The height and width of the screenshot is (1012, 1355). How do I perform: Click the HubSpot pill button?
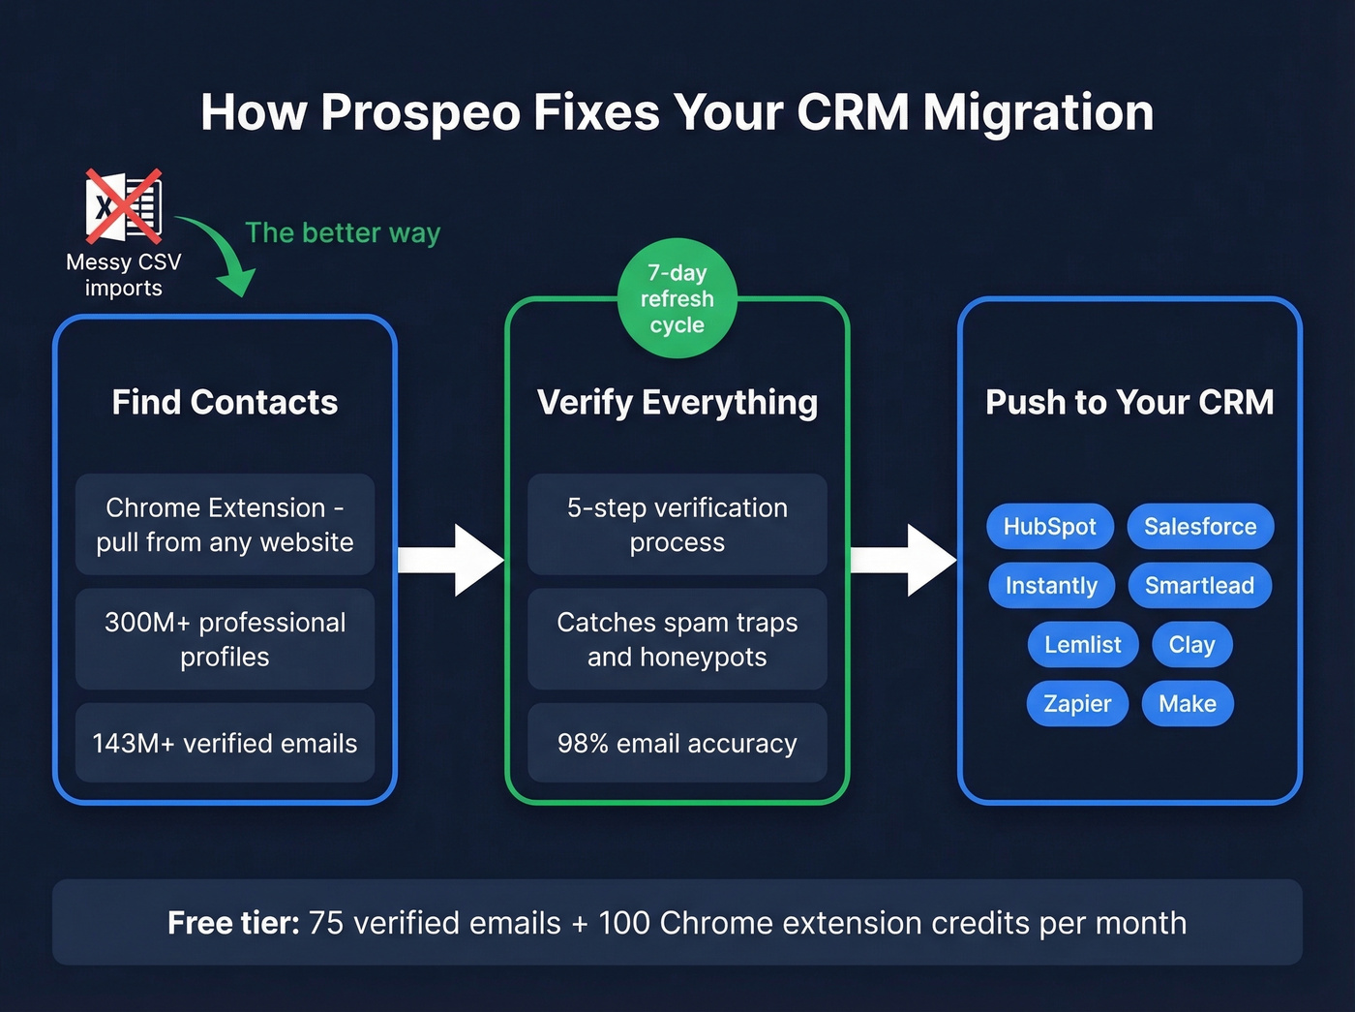[1049, 526]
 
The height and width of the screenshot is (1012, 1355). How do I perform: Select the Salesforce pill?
[1200, 526]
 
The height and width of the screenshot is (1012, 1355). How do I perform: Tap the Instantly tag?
[1051, 585]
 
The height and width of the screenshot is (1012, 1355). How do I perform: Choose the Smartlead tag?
[1199, 585]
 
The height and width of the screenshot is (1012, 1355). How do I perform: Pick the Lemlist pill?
[1082, 644]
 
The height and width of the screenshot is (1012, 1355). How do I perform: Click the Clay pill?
[1191, 644]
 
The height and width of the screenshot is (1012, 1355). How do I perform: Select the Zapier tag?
[1077, 703]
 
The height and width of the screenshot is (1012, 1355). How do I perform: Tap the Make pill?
[1188, 703]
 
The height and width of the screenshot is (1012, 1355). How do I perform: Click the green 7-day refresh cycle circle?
[677, 298]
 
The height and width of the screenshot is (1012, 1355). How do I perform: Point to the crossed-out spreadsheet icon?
[124, 206]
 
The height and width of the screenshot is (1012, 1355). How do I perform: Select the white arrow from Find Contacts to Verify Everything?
[451, 560]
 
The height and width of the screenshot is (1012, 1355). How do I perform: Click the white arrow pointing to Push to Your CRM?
[903, 560]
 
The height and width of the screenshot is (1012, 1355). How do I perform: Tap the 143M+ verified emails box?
[225, 743]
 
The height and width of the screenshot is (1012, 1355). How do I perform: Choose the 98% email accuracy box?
[677, 743]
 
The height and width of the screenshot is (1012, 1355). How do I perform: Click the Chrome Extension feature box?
[225, 524]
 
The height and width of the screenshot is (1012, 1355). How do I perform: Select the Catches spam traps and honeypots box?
[677, 639]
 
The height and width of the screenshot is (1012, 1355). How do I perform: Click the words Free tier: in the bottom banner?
[233, 923]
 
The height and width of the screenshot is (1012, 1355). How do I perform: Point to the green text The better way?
[343, 232]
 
